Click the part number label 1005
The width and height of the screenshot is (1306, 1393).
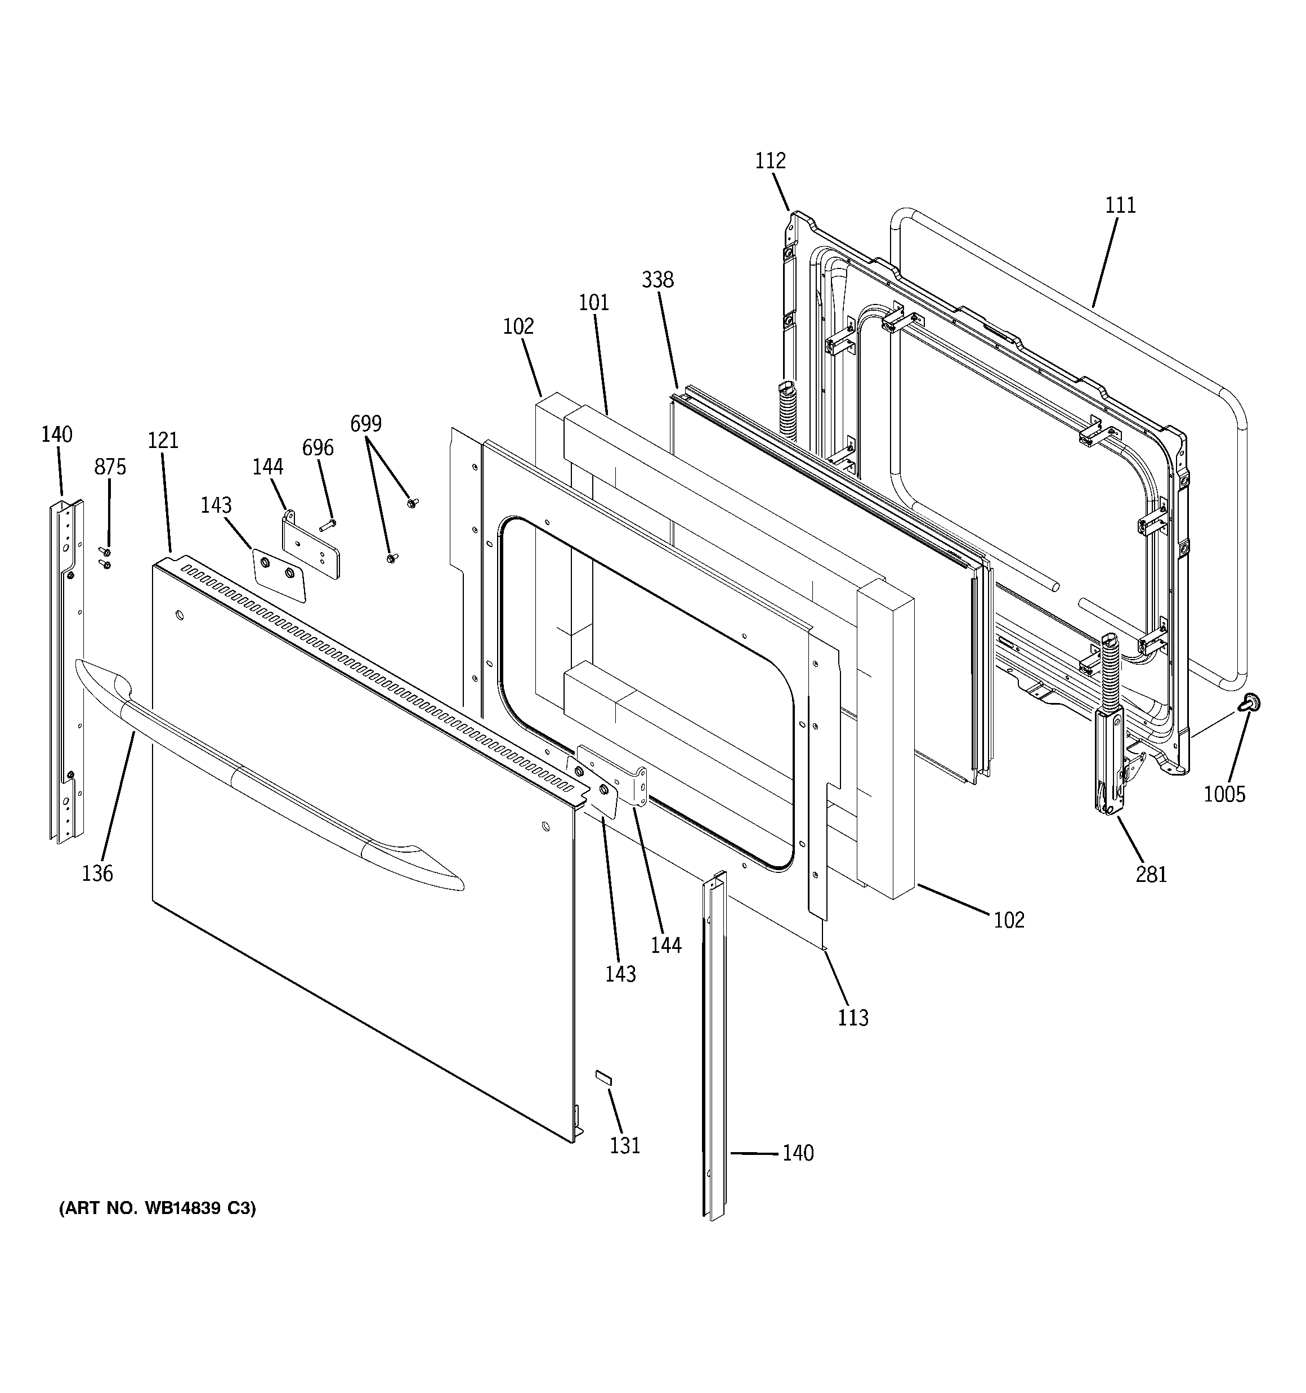pos(1224,794)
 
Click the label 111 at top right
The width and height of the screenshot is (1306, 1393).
pos(1120,205)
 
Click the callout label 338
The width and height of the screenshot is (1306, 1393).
pos(657,280)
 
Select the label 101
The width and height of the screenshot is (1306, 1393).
pos(593,303)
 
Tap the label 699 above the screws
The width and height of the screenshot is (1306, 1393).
pos(366,423)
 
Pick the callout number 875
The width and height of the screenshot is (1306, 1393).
pos(110,467)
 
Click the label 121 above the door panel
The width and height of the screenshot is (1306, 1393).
pos(163,440)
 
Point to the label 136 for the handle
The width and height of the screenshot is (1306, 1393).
pos(97,873)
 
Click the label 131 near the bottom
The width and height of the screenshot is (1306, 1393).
pos(625,1145)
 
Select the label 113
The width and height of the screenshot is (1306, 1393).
pos(852,1018)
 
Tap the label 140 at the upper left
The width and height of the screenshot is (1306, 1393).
pos(56,435)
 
